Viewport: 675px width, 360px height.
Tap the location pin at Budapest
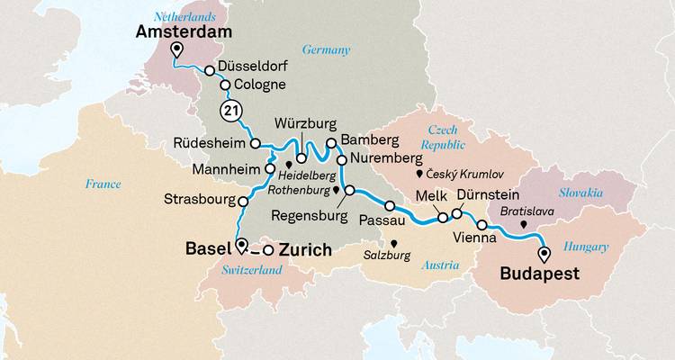544,254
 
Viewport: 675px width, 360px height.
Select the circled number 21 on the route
230,111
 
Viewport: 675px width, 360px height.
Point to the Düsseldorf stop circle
210,70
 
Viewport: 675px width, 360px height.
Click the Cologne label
259,85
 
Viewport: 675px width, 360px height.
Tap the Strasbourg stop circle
242,200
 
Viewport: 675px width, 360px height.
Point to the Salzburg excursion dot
392,242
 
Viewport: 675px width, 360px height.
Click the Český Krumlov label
465,173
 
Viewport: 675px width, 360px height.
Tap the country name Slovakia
580,193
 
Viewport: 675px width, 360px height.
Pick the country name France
103,184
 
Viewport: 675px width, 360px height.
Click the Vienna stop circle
482,225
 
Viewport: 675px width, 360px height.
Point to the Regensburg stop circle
350,190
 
